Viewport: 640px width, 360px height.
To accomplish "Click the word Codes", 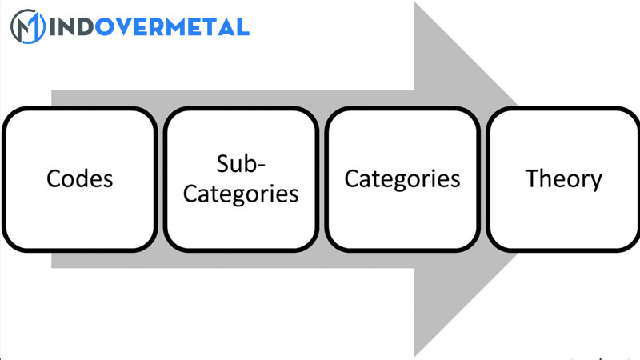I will click(x=79, y=178).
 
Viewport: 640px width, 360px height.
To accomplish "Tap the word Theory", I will click(x=563, y=178).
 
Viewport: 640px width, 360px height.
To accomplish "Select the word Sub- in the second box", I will click(x=241, y=162).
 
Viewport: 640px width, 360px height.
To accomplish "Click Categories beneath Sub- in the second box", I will click(x=242, y=194).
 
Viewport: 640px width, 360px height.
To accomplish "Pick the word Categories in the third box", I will click(x=402, y=178).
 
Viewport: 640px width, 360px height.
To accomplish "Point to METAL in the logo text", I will click(x=209, y=27).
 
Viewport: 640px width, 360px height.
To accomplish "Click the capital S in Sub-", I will click(x=222, y=162).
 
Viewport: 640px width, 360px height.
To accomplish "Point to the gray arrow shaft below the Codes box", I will click(x=80, y=259).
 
